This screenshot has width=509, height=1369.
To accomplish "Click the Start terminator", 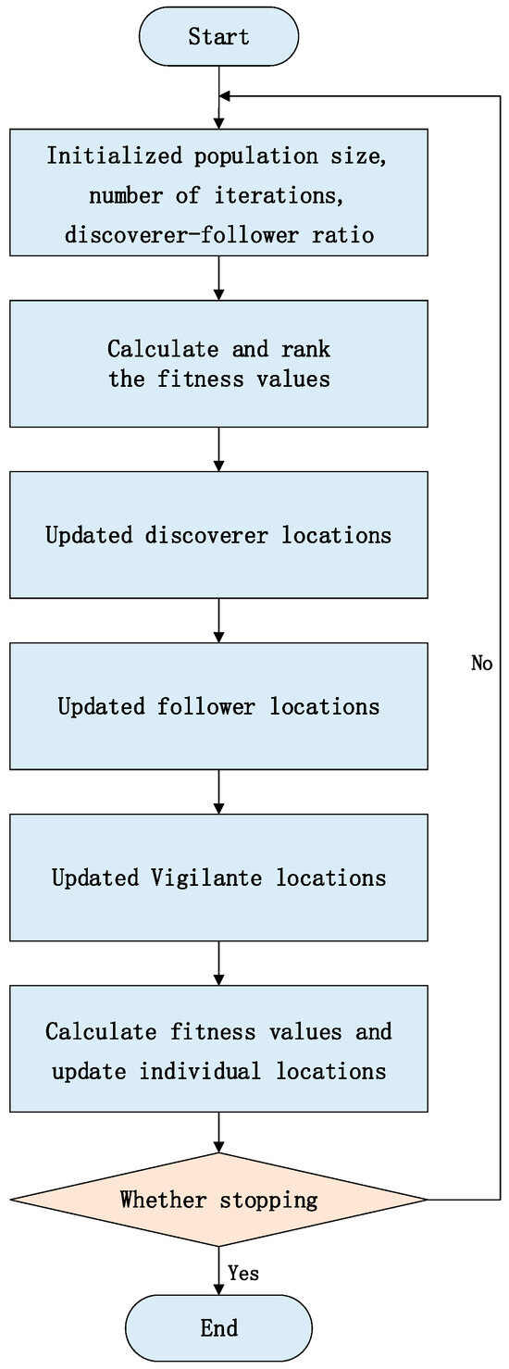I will click(x=218, y=38).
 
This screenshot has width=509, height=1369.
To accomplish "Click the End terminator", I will click(x=218, y=1327).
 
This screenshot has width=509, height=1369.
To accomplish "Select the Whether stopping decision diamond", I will click(x=218, y=1200).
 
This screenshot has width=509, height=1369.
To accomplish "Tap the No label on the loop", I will click(x=481, y=664).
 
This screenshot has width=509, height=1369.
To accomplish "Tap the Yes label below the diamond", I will click(x=242, y=1274).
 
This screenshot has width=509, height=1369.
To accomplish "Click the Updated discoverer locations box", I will click(x=218, y=535).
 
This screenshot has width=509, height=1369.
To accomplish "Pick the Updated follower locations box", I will click(x=218, y=706).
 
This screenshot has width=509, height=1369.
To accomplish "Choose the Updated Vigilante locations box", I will click(x=218, y=877).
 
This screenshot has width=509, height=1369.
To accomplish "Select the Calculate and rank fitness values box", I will click(x=218, y=364).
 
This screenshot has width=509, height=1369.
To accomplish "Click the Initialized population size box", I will click(x=218, y=193).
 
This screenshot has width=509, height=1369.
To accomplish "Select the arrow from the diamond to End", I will click(x=218, y=1268).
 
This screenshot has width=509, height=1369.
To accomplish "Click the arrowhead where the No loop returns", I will click(x=226, y=95).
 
